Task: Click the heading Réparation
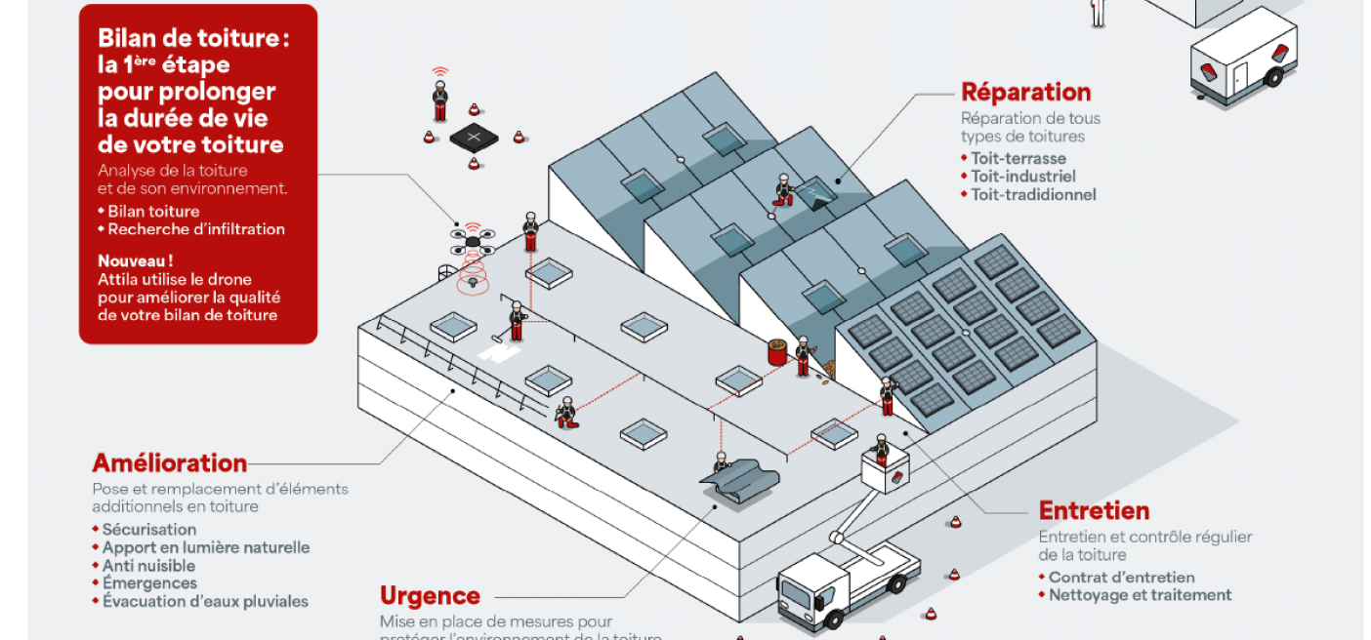pyautogui.click(x=1025, y=93)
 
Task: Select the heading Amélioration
pyautogui.click(x=170, y=462)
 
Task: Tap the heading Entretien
pyautogui.click(x=1094, y=511)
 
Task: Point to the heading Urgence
pyautogui.click(x=430, y=596)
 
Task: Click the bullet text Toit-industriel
pyautogui.click(x=1023, y=177)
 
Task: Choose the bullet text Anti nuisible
pyautogui.click(x=148, y=566)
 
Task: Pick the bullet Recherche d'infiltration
pyautogui.click(x=196, y=229)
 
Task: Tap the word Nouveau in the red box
pyautogui.click(x=136, y=261)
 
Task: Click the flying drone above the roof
pyautogui.click(x=473, y=240)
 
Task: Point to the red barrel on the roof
pyautogui.click(x=778, y=351)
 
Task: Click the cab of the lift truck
pyautogui.click(x=804, y=594)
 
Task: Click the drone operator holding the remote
pyautogui.click(x=440, y=99)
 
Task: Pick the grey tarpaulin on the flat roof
pyautogui.click(x=741, y=484)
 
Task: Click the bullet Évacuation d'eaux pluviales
pyautogui.click(x=205, y=602)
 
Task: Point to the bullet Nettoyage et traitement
pyautogui.click(x=1140, y=595)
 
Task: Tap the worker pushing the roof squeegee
pyautogui.click(x=517, y=321)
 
